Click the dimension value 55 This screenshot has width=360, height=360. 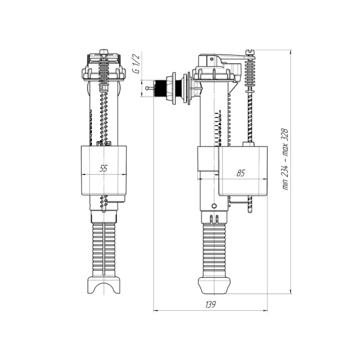tap(103, 169)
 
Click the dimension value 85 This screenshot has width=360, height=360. tap(241, 173)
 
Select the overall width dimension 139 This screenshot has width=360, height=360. tap(211, 305)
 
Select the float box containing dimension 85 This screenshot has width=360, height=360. tap(243, 171)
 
